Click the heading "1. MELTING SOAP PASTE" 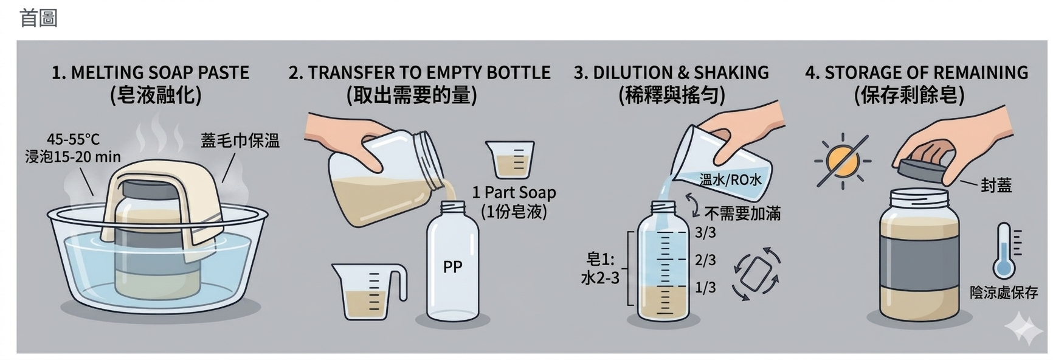(x=150, y=73)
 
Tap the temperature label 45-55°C (x=73, y=139)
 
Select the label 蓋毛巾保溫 (x=240, y=141)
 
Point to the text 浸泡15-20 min (x=73, y=157)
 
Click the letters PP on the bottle (x=452, y=267)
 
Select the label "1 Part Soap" (x=514, y=193)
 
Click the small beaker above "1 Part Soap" (x=510, y=160)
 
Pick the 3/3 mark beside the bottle (x=705, y=233)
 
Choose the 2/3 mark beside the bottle (x=705, y=260)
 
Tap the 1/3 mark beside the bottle (x=705, y=288)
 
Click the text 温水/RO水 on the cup (x=730, y=179)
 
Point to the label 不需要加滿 (x=742, y=213)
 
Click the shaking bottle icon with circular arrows (x=757, y=274)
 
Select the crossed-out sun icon (x=843, y=161)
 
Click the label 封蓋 (x=996, y=185)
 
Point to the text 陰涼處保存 (x=1004, y=292)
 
